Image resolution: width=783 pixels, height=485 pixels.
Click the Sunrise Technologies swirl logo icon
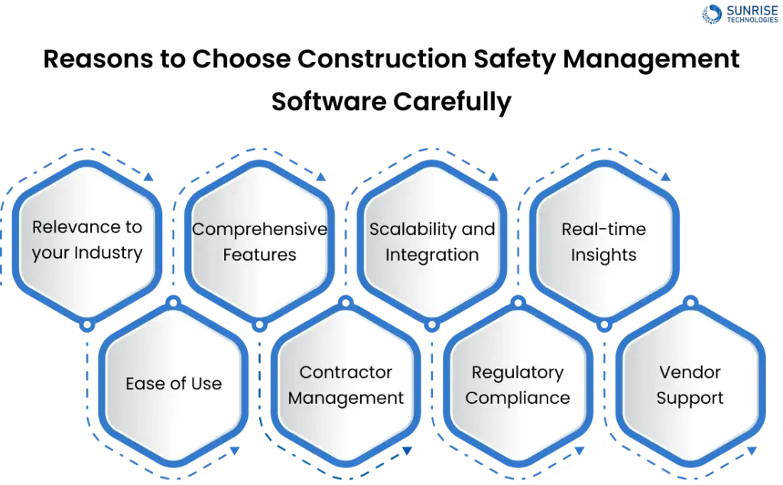point(712,14)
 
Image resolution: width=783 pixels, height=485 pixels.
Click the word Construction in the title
point(382,59)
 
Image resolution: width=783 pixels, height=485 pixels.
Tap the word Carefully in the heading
point(452,103)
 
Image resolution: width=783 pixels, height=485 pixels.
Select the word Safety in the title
point(515,60)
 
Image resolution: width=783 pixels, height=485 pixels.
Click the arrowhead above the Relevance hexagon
point(148,177)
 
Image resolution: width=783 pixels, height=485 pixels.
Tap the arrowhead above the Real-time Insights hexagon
point(665,177)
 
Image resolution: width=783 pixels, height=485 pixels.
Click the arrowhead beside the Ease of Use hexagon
point(235,451)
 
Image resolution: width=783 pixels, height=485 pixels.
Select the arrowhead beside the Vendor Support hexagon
point(752,451)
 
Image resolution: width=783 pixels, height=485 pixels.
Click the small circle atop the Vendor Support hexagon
point(690,302)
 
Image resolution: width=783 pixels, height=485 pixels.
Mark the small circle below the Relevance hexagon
point(87,326)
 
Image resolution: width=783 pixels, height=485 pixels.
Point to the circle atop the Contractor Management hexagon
point(346,302)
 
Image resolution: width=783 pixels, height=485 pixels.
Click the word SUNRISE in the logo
point(752,11)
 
